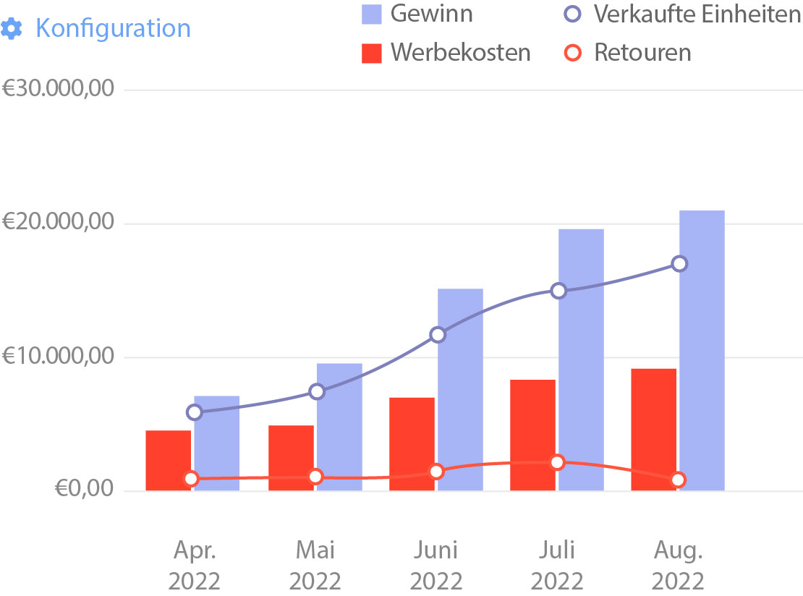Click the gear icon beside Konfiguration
(x=12, y=29)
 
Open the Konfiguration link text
(x=113, y=29)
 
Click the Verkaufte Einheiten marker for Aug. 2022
(x=679, y=263)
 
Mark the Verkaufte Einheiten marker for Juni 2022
(x=437, y=334)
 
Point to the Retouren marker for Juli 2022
(x=557, y=462)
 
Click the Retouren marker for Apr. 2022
(x=191, y=478)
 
